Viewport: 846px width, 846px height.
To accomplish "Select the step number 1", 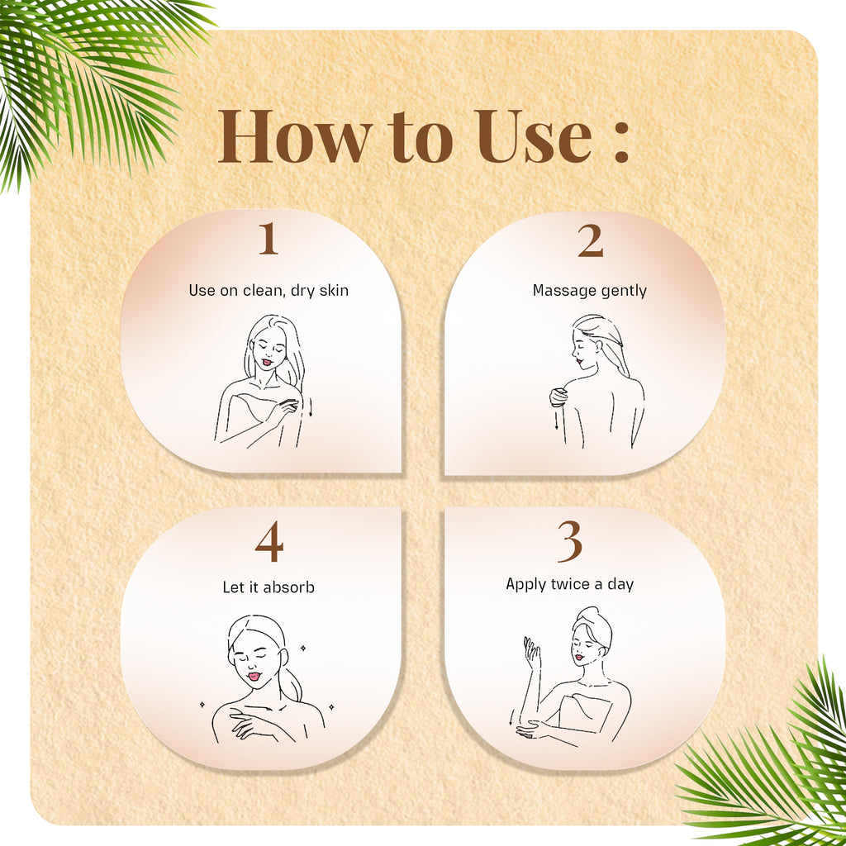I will pyautogui.click(x=267, y=239).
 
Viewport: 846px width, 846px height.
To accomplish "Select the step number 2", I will pyautogui.click(x=590, y=241).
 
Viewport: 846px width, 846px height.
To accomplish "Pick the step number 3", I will pyautogui.click(x=570, y=542).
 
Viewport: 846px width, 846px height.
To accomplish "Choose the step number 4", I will pyautogui.click(x=269, y=544).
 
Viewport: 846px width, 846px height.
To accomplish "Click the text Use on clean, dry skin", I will pyautogui.click(x=269, y=290).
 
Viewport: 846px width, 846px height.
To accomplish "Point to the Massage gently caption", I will pyautogui.click(x=590, y=291).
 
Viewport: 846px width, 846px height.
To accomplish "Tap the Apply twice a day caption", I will pyautogui.click(x=570, y=584).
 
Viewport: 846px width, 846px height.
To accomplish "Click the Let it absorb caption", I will pyautogui.click(x=269, y=587).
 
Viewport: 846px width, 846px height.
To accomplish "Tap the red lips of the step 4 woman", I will pyautogui.click(x=254, y=677).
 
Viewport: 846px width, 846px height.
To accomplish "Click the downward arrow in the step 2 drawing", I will pyautogui.click(x=557, y=419).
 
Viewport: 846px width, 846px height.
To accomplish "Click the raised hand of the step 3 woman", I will pyautogui.click(x=532, y=654).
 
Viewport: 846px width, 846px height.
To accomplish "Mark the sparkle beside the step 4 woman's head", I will pyautogui.click(x=302, y=649).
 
